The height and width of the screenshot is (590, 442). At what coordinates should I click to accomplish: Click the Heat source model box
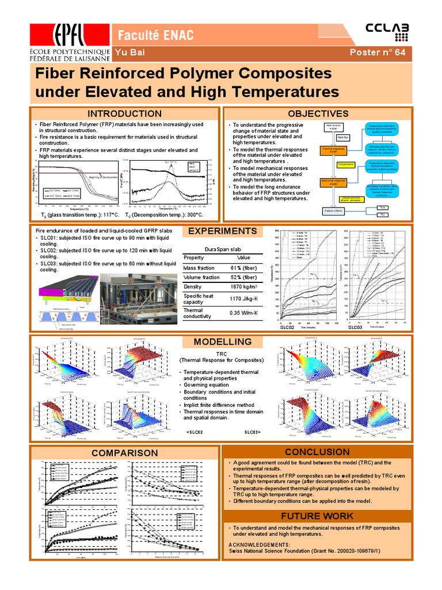tap(333, 127)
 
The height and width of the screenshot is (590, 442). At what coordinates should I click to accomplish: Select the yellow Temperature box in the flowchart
tap(345, 165)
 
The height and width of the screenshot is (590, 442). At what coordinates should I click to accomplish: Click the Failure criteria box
tap(333, 211)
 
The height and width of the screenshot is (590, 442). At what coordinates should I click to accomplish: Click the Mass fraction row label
tap(199, 268)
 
